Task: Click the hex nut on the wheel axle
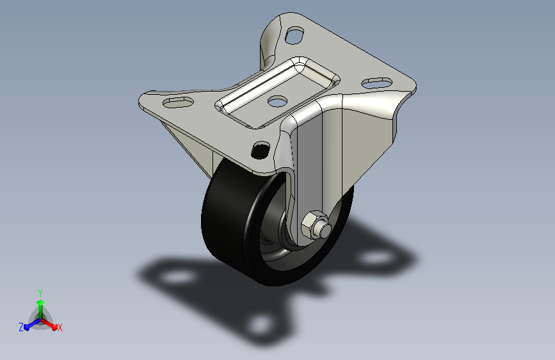(x=312, y=224)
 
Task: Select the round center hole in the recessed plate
(x=278, y=101)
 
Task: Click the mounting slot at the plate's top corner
(x=294, y=35)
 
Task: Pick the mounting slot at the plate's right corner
(x=376, y=83)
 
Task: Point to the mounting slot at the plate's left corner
(x=178, y=102)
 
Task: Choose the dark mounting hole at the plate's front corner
(x=261, y=150)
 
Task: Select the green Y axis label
(x=40, y=293)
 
